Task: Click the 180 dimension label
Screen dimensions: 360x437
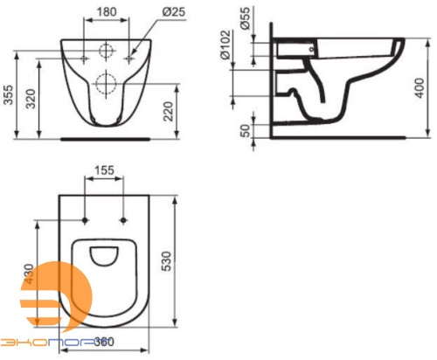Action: pyautogui.click(x=106, y=13)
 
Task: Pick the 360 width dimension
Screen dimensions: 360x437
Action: pyautogui.click(x=105, y=342)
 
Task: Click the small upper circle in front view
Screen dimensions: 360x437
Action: pyautogui.click(x=106, y=49)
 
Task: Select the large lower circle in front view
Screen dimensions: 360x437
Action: pyautogui.click(x=106, y=83)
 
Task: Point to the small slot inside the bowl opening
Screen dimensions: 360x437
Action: pyautogui.click(x=105, y=255)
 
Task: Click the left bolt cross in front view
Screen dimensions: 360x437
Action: pyautogui.click(x=84, y=58)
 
